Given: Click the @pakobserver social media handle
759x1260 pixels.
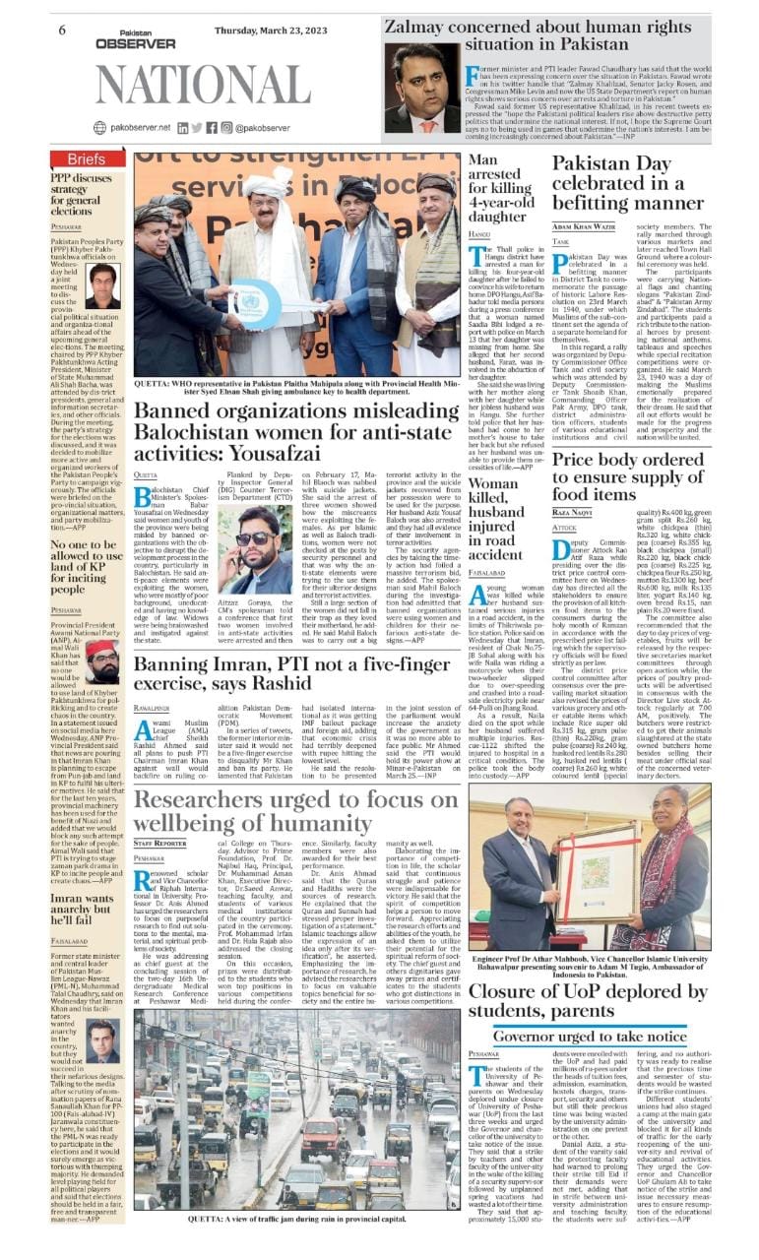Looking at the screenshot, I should coord(262,127).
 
